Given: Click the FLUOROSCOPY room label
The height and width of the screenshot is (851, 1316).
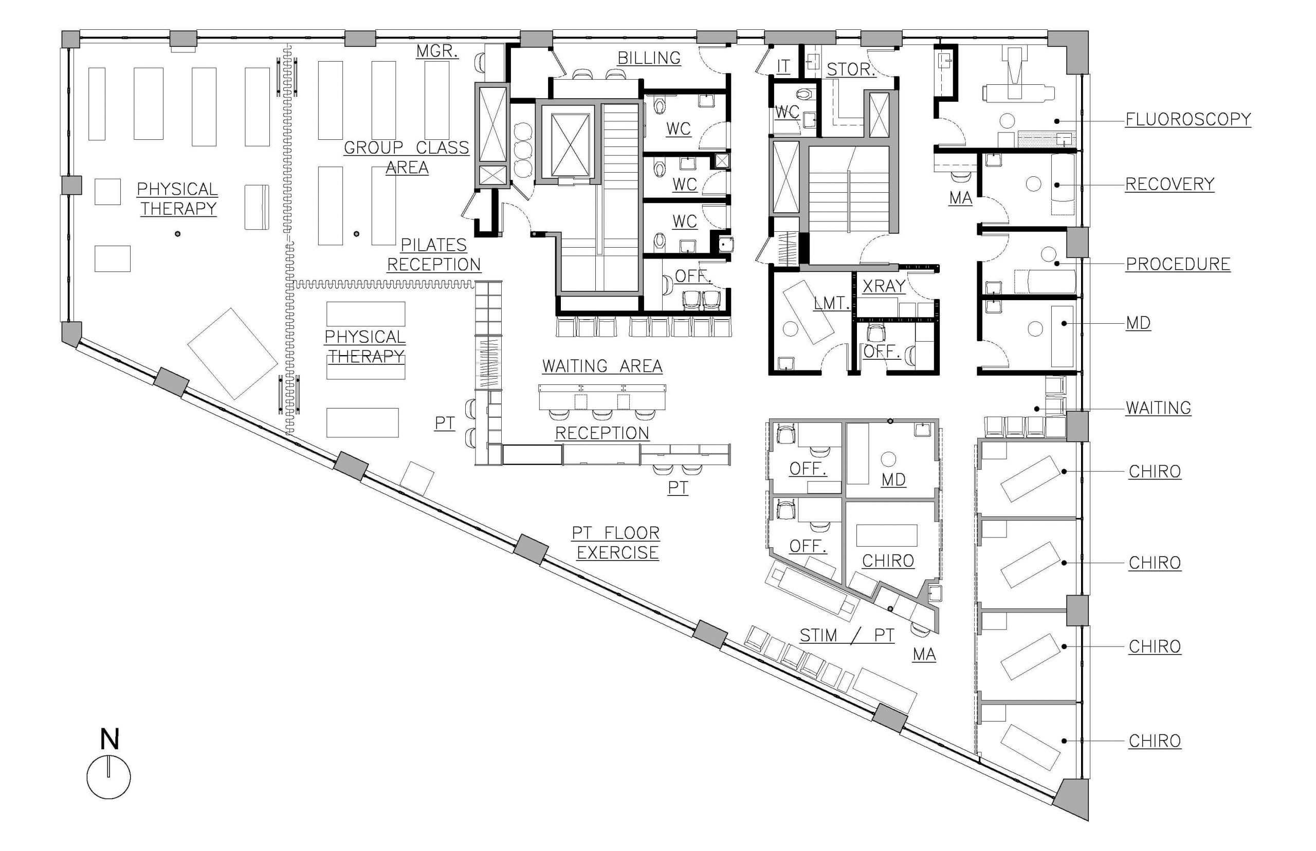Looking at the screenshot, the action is point(1188,119).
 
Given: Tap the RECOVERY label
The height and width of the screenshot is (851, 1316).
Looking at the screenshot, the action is point(1169,184).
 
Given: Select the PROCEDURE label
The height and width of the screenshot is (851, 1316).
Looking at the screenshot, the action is point(1178,264).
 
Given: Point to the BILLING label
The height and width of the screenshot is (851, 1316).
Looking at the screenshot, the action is point(648,58).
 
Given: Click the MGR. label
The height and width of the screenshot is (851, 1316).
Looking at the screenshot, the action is point(436,51).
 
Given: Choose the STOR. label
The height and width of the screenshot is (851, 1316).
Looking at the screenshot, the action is point(851,69).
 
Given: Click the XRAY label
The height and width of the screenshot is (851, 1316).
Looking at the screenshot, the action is point(884,286).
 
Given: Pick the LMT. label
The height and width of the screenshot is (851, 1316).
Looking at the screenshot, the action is point(831,303).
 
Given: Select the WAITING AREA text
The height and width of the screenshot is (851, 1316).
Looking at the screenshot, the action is point(602,366).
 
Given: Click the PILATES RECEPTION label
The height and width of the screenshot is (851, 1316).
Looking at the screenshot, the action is point(434,255).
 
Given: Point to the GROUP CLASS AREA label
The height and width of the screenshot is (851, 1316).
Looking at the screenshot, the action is point(406,157).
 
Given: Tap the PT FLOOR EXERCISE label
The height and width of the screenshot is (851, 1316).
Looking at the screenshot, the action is point(616,543).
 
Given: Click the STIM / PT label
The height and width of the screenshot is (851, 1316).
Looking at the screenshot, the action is point(847,636).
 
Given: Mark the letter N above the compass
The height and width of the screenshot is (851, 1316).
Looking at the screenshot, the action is point(109,739).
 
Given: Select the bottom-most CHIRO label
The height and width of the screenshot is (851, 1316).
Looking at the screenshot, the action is point(1155,741).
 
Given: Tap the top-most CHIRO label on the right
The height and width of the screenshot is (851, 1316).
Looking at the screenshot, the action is point(1155,471).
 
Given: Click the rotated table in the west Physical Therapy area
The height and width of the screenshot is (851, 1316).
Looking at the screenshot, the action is point(232,354).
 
